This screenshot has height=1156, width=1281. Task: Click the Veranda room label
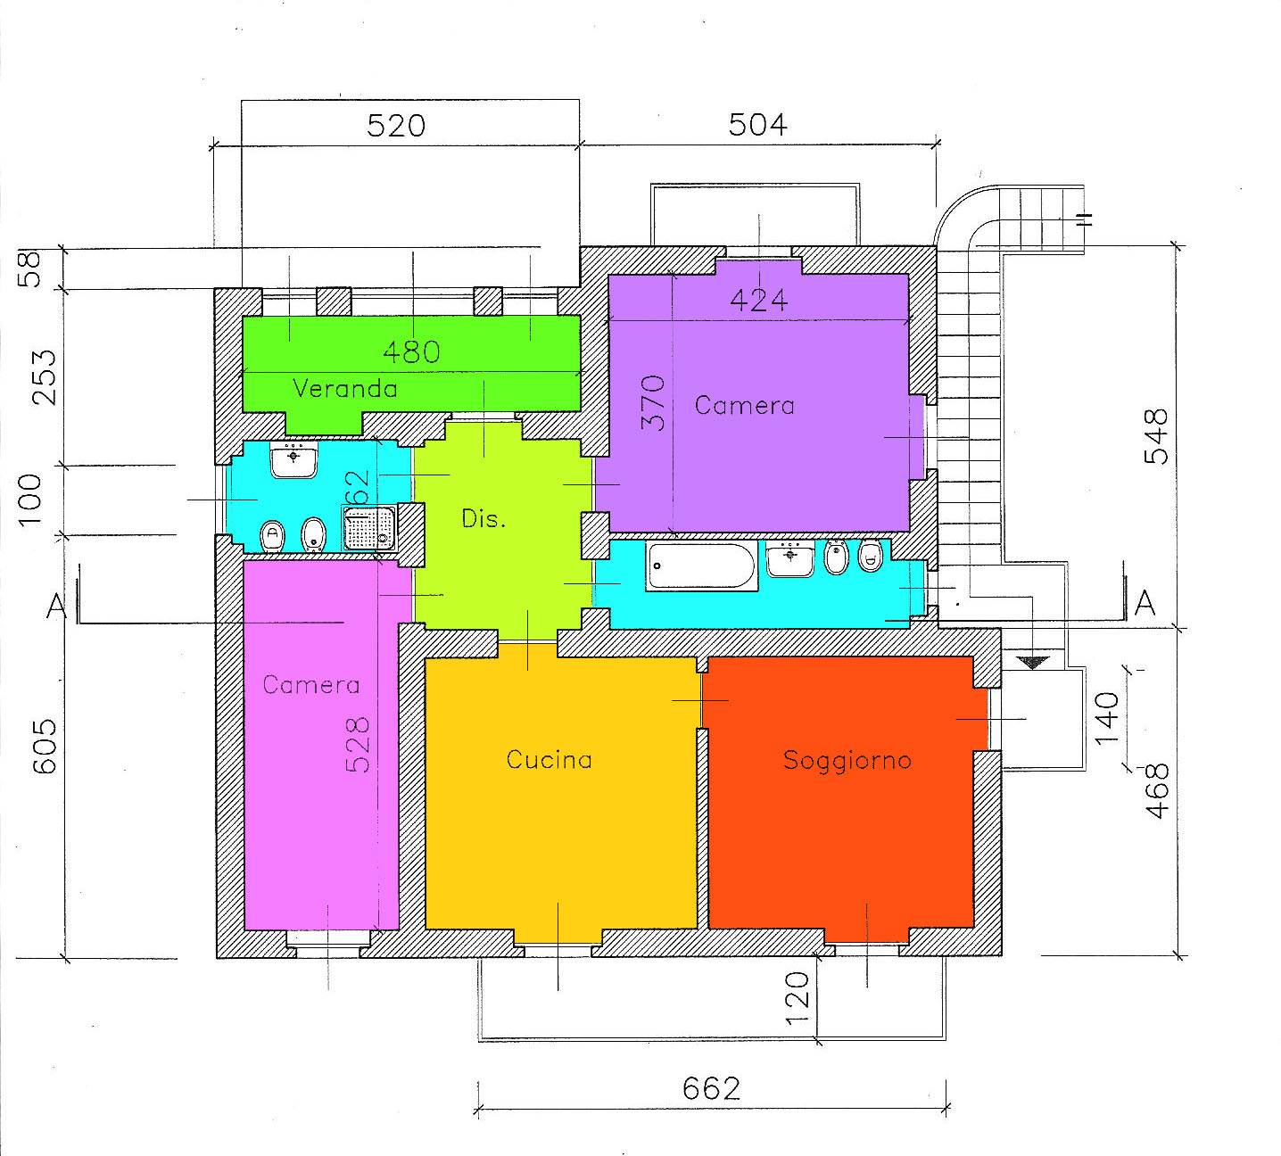point(345,388)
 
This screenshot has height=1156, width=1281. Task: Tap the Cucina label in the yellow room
point(550,759)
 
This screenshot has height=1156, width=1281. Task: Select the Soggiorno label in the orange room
point(847,761)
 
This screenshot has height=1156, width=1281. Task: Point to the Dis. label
point(483,518)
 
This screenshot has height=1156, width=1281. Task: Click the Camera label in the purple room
point(745,406)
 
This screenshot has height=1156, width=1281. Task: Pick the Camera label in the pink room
point(311,685)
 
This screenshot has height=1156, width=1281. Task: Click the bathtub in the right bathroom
point(700,566)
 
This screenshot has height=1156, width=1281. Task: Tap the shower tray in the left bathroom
point(368,528)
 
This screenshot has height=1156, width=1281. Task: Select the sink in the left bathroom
point(293,460)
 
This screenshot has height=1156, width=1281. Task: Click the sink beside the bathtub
point(790,559)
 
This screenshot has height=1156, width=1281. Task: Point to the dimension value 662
point(711,1089)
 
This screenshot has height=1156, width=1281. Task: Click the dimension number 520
point(396,126)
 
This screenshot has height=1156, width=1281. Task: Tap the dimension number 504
point(758,125)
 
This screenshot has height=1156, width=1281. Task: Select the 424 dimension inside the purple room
point(758,301)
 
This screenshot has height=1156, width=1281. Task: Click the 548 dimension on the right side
point(1156,437)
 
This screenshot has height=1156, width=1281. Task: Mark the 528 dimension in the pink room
point(358,746)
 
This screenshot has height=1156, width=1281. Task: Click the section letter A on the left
point(56,607)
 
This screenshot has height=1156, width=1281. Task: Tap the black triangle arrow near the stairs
point(1033,663)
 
